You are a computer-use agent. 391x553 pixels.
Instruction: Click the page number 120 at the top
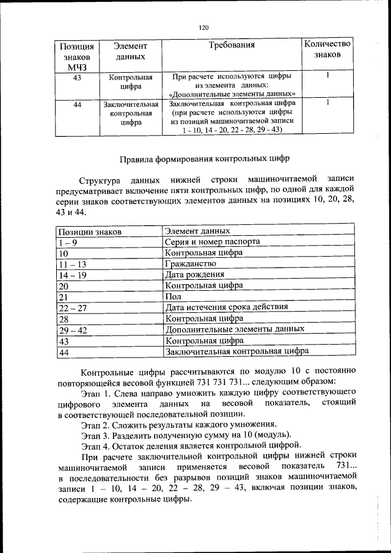click(x=204, y=27)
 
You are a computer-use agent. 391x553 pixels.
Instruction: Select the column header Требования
click(x=232, y=45)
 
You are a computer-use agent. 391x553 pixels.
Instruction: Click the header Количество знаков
click(x=327, y=49)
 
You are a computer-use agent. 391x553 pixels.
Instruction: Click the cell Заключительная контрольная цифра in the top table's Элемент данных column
click(x=127, y=113)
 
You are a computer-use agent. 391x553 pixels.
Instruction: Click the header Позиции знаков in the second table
click(x=89, y=232)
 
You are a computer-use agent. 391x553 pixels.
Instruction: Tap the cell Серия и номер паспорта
click(x=213, y=241)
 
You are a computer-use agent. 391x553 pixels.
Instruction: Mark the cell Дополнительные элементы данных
click(x=235, y=329)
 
